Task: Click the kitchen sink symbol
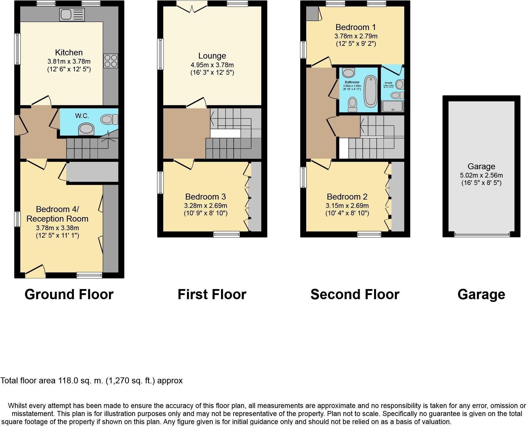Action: click(x=72, y=15)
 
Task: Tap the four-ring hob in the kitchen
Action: click(x=111, y=61)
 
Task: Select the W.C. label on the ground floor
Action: click(x=82, y=116)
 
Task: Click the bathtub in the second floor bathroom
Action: click(x=370, y=91)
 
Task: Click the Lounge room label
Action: click(x=212, y=56)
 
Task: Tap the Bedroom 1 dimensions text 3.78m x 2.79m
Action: click(x=356, y=36)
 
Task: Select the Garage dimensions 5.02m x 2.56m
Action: click(x=481, y=175)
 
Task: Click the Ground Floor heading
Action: click(x=69, y=294)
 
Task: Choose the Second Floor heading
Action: click(x=355, y=294)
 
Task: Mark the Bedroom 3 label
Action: click(x=205, y=197)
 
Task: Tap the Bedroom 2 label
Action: click(x=347, y=197)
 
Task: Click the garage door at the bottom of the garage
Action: click(x=482, y=235)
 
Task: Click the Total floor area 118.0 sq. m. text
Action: click(x=91, y=381)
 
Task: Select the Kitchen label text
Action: click(x=69, y=53)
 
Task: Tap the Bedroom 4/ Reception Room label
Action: click(x=57, y=214)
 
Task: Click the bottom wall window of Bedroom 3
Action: click(x=226, y=235)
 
